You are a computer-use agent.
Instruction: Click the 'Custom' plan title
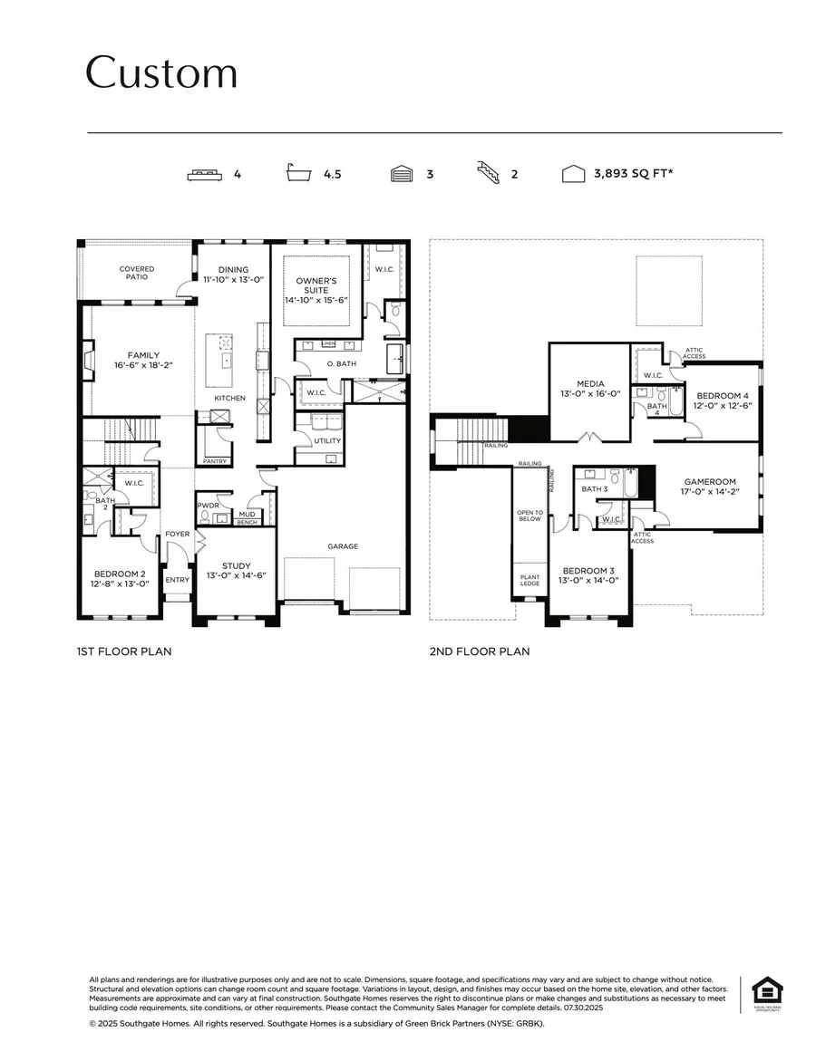coord(161,72)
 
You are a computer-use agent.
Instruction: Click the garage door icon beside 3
coord(402,174)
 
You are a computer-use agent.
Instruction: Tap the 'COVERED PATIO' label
coord(137,273)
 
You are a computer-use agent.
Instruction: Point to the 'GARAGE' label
coord(343,546)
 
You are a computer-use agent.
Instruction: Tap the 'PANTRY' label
coord(216,461)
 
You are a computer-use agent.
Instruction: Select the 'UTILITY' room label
coord(327,441)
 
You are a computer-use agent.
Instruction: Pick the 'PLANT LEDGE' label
coord(529,580)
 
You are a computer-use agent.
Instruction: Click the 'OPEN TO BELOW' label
coord(529,516)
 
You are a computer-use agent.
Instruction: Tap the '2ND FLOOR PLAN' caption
coord(480,651)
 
